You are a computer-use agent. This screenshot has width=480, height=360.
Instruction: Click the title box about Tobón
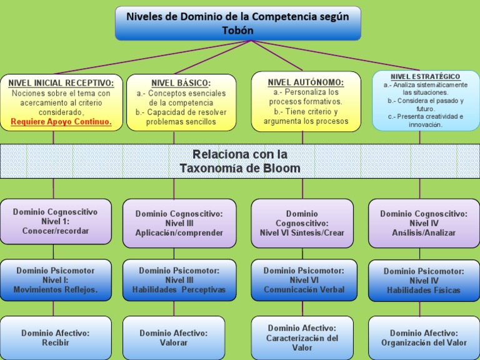point(237,23)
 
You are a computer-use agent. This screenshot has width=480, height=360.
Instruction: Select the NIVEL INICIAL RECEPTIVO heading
point(61,82)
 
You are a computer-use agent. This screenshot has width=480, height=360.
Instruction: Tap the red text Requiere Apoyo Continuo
point(61,121)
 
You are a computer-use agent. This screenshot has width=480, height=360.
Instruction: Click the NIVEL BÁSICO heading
point(181,82)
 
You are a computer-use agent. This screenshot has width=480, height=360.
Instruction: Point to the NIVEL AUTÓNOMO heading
point(306,82)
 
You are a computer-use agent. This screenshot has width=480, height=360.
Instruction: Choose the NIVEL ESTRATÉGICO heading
point(426,76)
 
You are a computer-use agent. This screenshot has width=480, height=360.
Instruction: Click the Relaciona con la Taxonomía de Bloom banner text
point(239,161)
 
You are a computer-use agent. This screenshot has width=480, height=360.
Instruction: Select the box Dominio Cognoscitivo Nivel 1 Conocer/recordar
point(56,221)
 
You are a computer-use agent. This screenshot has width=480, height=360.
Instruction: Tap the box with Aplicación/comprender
point(179,223)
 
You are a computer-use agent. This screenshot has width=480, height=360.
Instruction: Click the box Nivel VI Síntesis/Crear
point(302,223)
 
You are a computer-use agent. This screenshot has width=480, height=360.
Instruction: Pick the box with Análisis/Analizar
point(424,223)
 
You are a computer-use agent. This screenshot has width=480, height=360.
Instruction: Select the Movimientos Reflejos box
point(56,280)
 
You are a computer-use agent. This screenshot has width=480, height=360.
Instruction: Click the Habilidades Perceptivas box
point(179,280)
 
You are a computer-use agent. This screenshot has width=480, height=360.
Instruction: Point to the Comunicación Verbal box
point(304,280)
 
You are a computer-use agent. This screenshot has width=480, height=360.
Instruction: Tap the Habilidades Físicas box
point(424,281)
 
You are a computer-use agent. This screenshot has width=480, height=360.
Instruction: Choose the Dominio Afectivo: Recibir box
point(56,337)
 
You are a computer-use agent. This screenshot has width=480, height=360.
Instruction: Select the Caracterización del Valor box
point(302,337)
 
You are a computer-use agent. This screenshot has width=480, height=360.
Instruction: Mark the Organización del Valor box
point(424,337)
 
